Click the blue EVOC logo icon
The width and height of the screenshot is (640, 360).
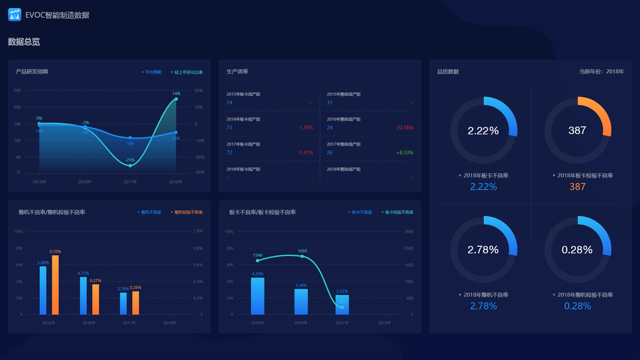(x=14, y=14)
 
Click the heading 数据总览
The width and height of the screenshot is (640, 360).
(x=24, y=42)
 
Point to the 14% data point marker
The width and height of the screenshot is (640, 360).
(x=176, y=99)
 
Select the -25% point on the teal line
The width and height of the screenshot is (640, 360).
(x=130, y=166)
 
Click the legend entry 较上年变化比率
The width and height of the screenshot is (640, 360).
(x=188, y=72)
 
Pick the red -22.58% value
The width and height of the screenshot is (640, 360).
(x=404, y=128)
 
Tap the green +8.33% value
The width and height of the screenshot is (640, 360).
(x=405, y=153)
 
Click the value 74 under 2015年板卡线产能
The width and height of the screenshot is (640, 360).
(x=229, y=103)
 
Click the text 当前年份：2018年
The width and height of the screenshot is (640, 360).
(x=602, y=71)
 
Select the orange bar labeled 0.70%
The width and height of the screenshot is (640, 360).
(x=55, y=285)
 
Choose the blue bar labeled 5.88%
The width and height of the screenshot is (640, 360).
(x=43, y=290)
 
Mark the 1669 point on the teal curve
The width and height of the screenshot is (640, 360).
(x=302, y=257)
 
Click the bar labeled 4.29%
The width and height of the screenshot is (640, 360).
(x=257, y=296)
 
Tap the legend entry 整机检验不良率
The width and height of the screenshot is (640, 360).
(x=188, y=212)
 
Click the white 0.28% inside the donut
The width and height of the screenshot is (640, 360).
(x=577, y=250)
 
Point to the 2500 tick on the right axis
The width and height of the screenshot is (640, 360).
(x=408, y=232)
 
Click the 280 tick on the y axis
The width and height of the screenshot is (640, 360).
(x=17, y=91)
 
